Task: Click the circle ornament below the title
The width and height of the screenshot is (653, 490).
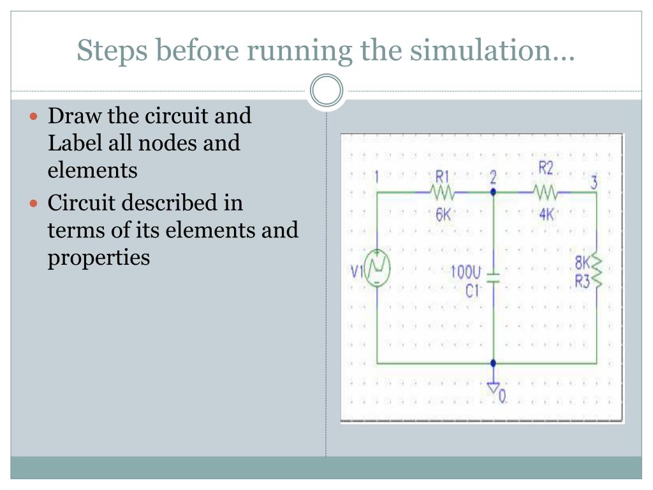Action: pos(326,91)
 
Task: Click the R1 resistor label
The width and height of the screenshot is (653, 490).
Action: pos(443,175)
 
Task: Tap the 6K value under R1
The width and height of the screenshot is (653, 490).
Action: pos(443,214)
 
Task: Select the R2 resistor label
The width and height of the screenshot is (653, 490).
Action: pos(546,168)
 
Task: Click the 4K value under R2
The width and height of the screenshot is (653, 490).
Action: pos(547,214)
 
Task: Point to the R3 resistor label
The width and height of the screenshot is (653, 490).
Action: pos(582,281)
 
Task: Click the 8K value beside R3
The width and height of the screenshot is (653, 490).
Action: pos(582,263)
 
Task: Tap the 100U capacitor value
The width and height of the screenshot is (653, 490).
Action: pos(466,272)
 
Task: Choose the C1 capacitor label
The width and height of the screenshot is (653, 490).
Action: pos(472,292)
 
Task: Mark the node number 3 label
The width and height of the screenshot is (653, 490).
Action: pos(594,182)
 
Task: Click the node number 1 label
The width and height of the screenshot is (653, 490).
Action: pos(378,176)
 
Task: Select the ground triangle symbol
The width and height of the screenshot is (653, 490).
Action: pos(493,388)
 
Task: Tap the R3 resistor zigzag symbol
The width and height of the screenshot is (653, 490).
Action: pos(597,271)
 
